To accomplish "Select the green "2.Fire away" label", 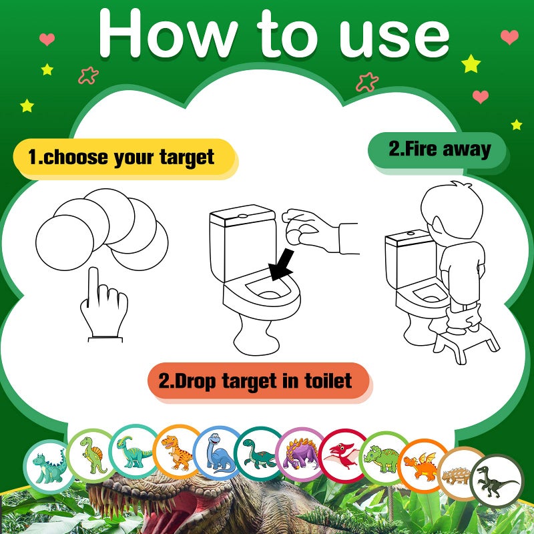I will [x=439, y=149].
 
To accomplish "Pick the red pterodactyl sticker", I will [x=344, y=454].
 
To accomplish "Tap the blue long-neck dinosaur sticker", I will [x=218, y=451].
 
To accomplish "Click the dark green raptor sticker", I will [x=497, y=481].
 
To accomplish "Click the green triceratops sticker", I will [x=384, y=457].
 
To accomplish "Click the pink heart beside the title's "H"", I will [x=46, y=38].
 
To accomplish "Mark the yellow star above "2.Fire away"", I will [x=471, y=63].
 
